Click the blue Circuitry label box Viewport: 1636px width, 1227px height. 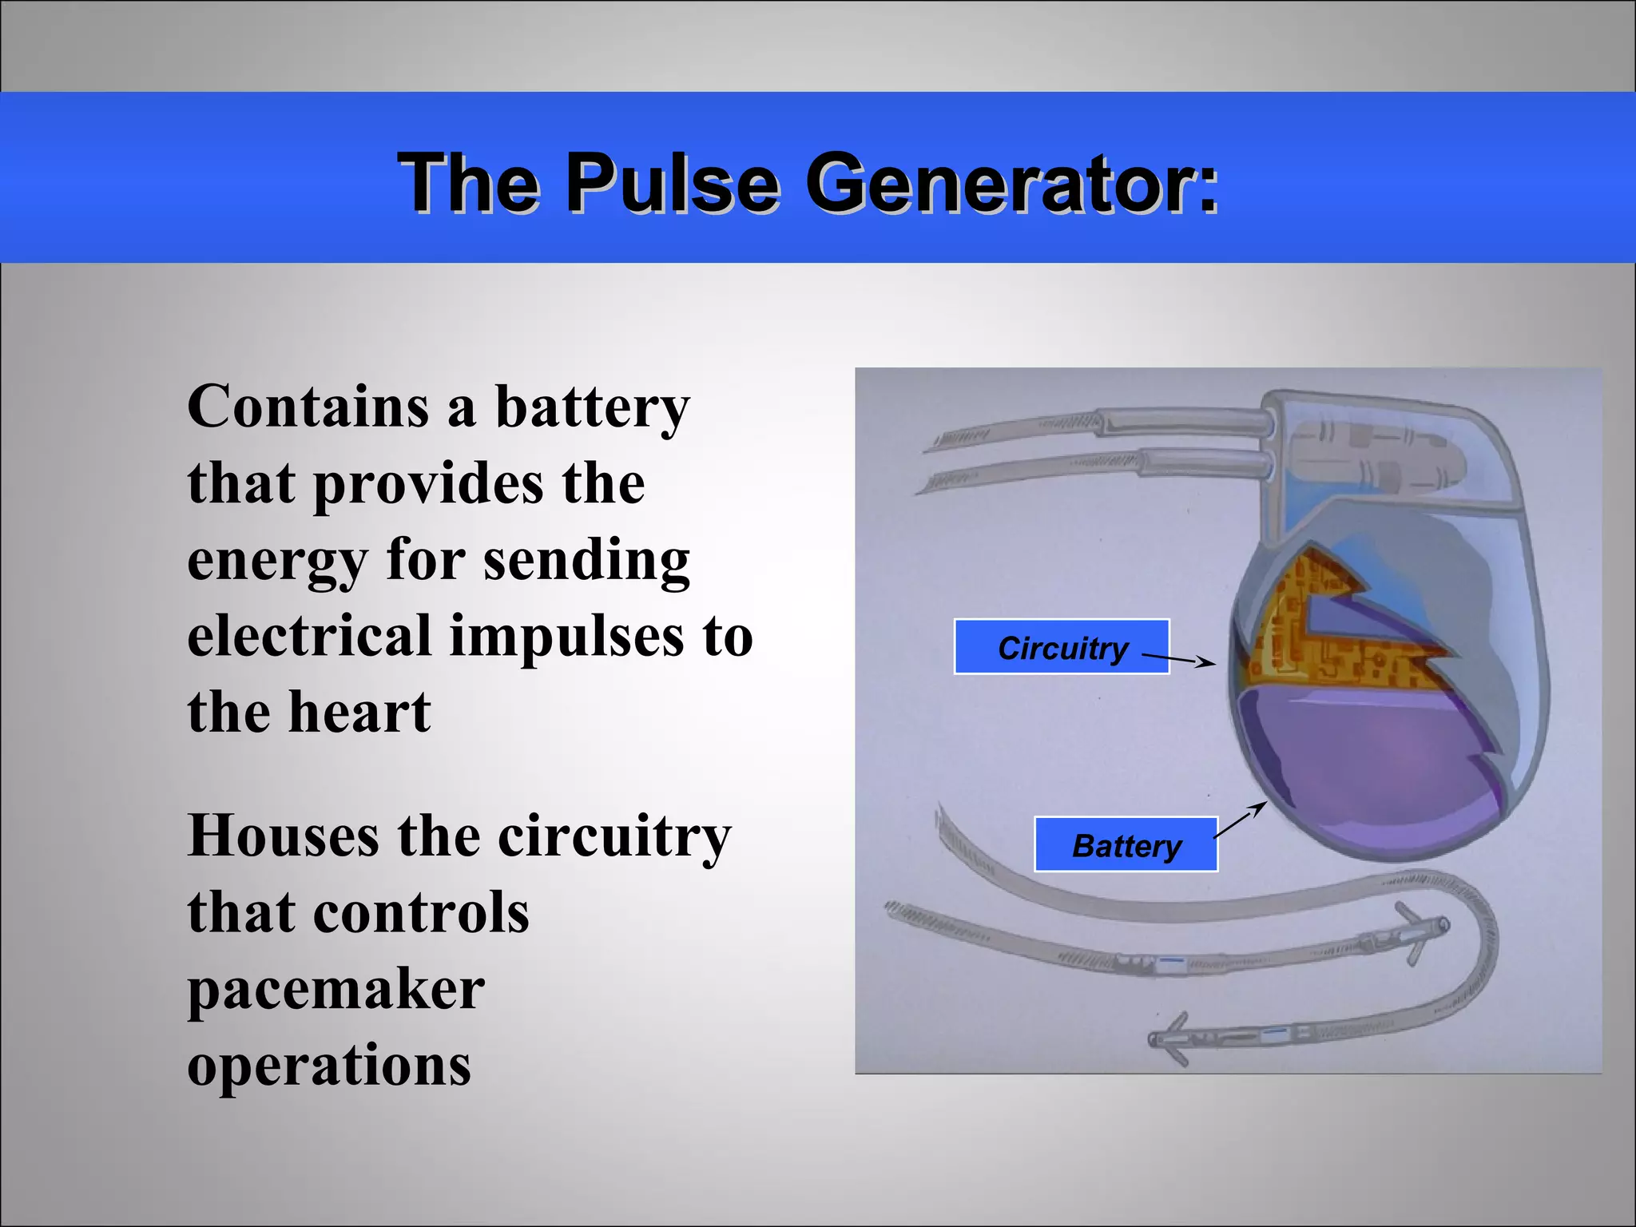point(1061,647)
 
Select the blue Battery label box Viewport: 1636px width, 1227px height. point(1126,844)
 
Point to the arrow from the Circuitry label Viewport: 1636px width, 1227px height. point(1178,659)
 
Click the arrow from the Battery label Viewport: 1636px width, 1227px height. point(1241,820)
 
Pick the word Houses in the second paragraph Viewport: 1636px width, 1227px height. point(283,836)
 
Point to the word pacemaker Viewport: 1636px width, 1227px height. point(336,990)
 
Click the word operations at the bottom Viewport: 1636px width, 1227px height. point(329,1066)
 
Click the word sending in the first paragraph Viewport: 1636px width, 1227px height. point(586,560)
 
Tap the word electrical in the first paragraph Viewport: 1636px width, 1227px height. point(309,637)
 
